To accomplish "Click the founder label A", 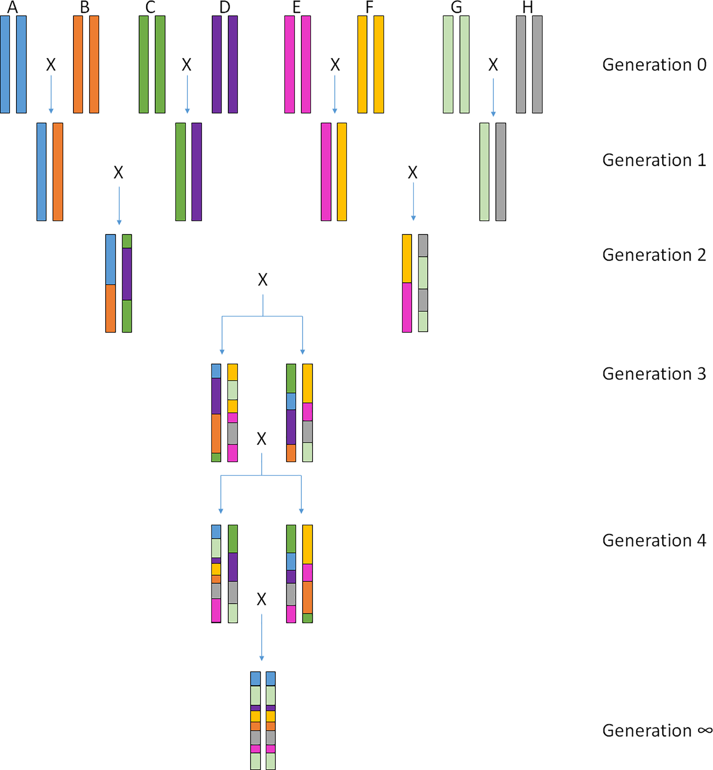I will coord(12,7).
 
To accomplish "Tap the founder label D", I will coord(225,7).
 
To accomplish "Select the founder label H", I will coord(527,7).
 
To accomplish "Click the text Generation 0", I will coord(654,65).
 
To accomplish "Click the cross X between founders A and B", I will coord(51,65).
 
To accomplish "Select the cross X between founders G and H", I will coord(493,65).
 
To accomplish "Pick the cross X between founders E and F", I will coord(335,65).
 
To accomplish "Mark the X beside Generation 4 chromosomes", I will coord(261,599).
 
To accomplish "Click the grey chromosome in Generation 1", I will coord(501,172).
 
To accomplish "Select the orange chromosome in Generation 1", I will coord(58,172).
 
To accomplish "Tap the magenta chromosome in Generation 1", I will coord(326,172).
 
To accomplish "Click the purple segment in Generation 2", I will coord(127,274).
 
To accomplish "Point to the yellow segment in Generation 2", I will coord(407,258).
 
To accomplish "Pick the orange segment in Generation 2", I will coord(111,308).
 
